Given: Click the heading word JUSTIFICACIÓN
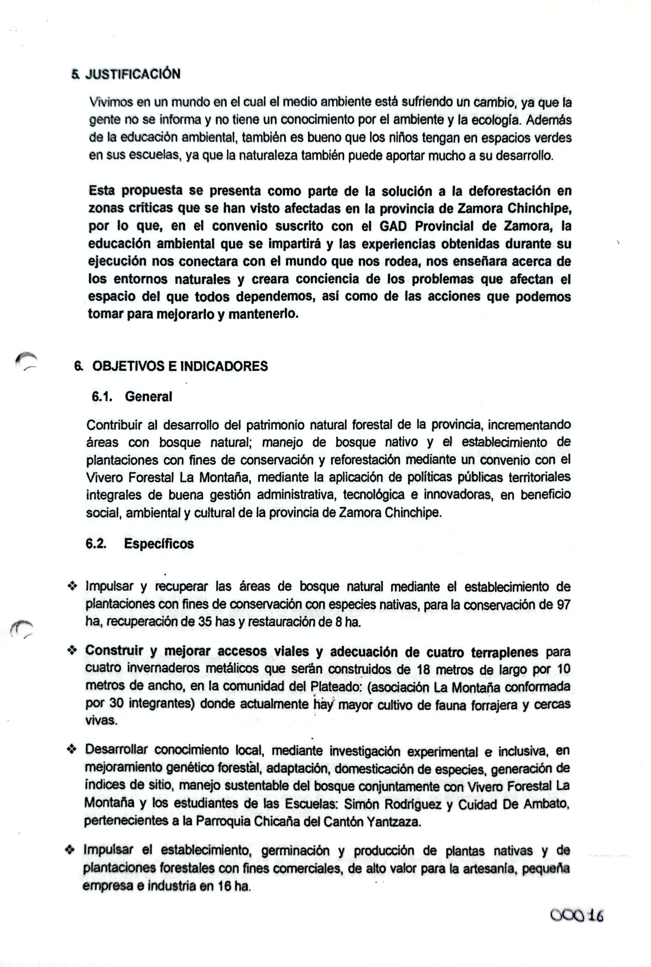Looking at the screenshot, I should pyautogui.click(x=133, y=74).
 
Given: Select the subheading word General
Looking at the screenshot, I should pyautogui.click(x=148, y=396).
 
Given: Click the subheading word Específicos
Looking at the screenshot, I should pyautogui.click(x=159, y=544).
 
